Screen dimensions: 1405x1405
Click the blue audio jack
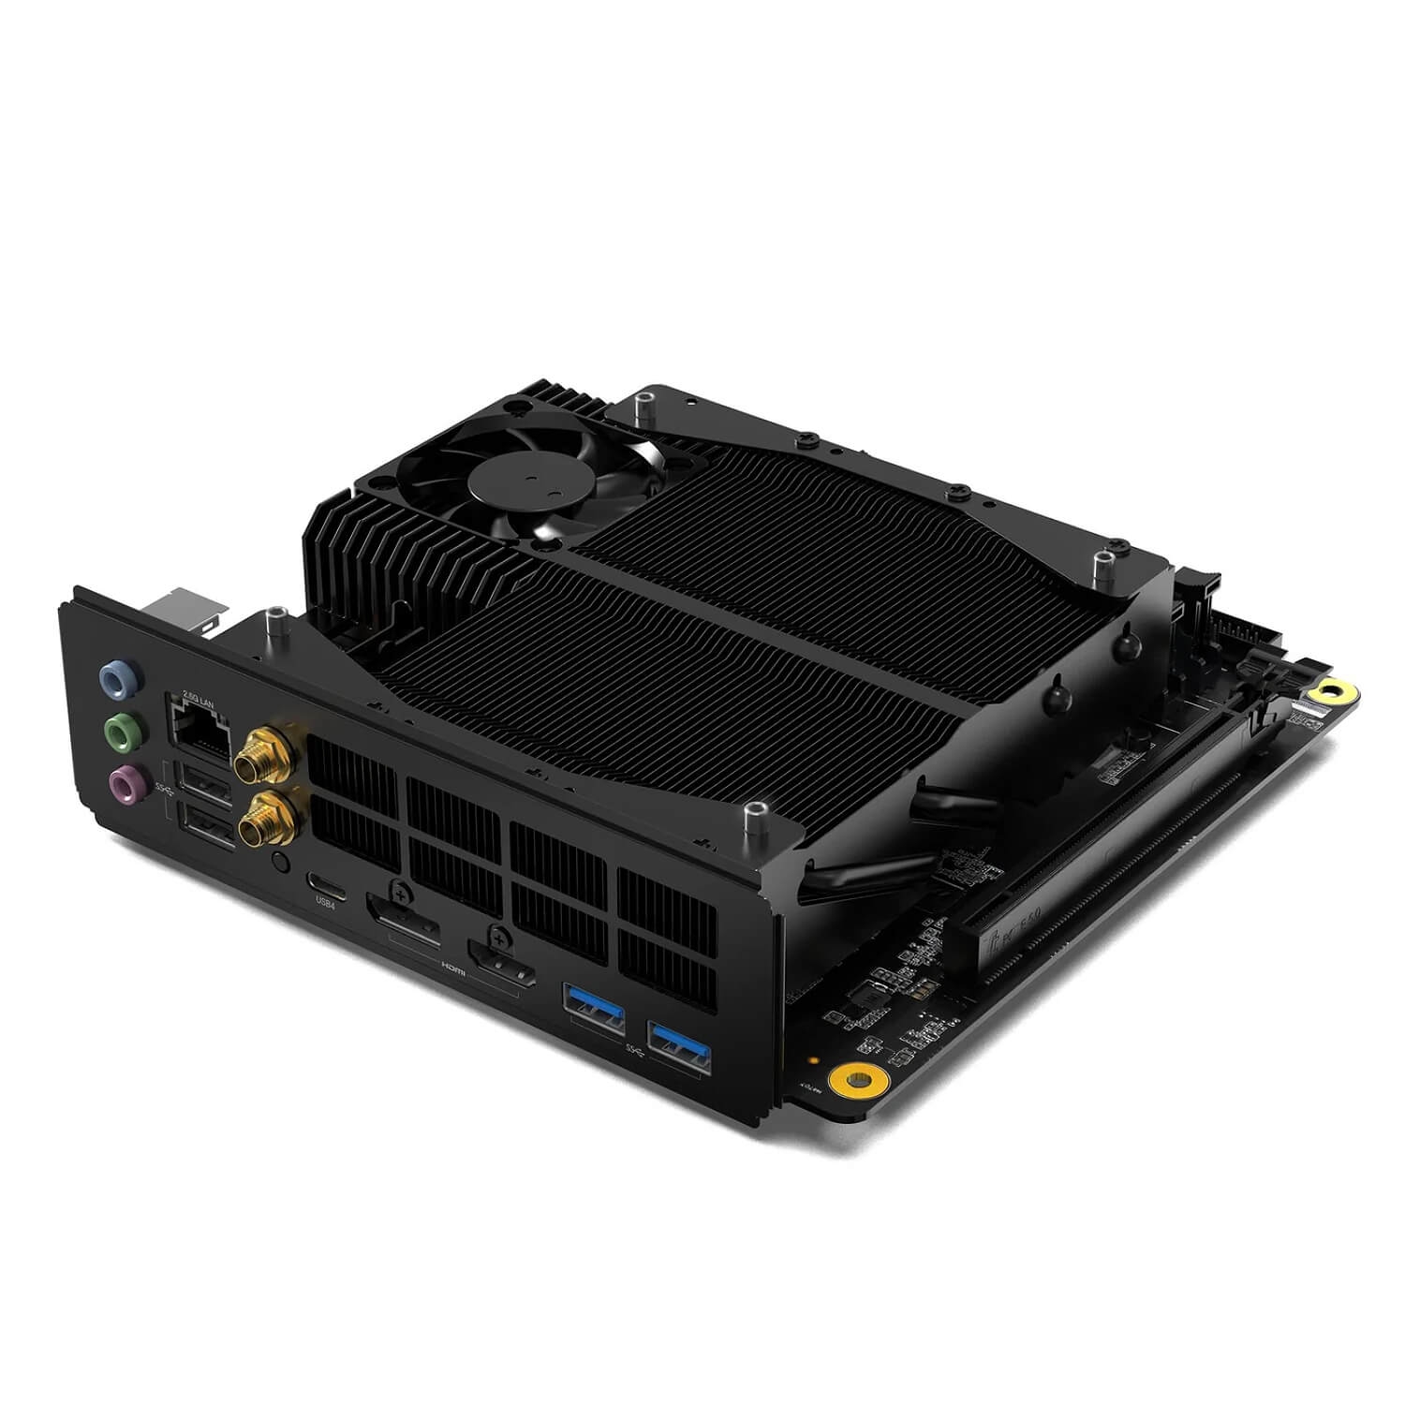pos(117,677)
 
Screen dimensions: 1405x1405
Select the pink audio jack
pos(127,779)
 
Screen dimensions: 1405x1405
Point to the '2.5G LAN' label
pos(198,696)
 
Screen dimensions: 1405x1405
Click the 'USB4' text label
pos(325,903)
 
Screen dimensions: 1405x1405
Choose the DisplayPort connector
pos(404,919)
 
